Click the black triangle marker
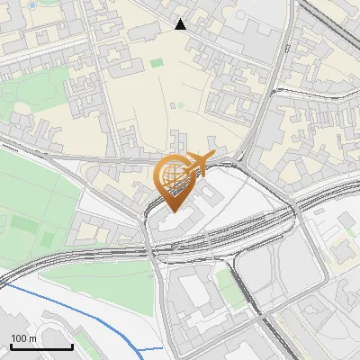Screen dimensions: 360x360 point(181,24)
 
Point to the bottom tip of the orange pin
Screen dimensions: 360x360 point(171,211)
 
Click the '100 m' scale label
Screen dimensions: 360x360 point(23,338)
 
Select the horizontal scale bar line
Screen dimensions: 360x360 point(41,346)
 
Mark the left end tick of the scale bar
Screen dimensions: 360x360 point(11,345)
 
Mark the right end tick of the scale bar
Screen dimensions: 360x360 point(72,345)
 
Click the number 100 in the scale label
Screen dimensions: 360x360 point(19,338)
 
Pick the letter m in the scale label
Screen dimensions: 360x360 point(32,339)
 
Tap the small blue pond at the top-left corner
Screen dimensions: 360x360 point(32,4)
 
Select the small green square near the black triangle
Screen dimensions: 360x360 point(157,63)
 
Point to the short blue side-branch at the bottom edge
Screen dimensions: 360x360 point(152,347)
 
